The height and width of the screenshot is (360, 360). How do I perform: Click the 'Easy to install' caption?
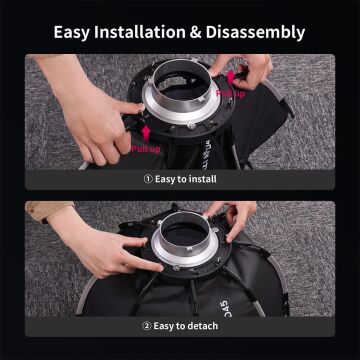click(186, 180)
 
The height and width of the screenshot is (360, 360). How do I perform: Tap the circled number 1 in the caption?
click(147, 180)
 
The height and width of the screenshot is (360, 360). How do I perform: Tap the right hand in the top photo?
click(255, 70)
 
